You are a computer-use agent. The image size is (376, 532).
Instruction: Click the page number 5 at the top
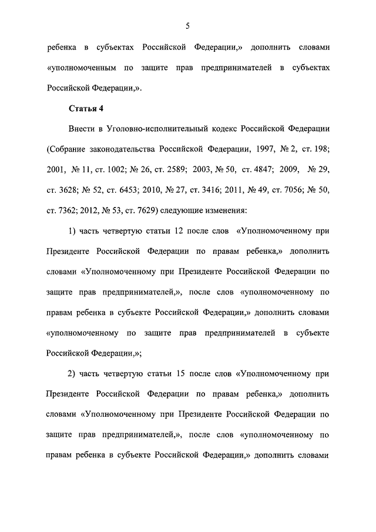coord(187,25)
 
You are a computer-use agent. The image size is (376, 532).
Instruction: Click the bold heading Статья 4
coord(86,108)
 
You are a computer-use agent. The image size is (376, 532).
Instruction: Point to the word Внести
coord(82,129)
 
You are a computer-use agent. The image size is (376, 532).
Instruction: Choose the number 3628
coord(65,190)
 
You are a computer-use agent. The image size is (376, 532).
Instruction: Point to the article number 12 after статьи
coord(173,232)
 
